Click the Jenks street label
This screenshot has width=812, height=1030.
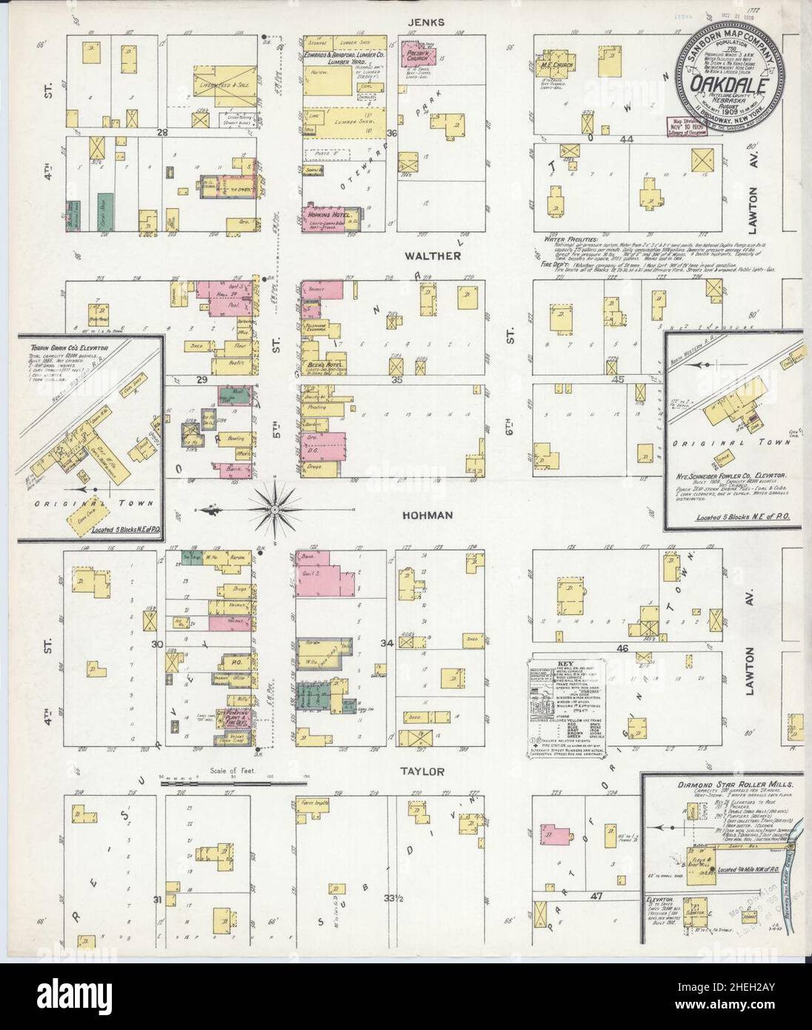click(430, 22)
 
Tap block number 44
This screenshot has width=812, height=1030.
click(628, 139)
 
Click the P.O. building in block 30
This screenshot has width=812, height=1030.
click(220, 657)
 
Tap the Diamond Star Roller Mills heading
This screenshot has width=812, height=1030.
click(725, 784)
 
